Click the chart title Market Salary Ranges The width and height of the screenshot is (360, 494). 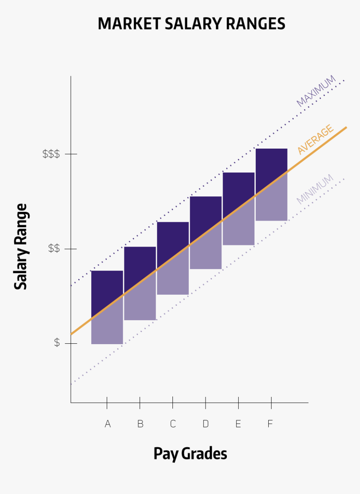(x=191, y=23)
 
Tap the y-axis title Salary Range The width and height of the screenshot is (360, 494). (x=21, y=247)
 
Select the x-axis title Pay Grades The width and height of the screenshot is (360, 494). (x=190, y=454)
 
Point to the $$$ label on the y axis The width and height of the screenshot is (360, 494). (x=51, y=154)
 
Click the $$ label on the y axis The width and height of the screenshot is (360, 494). (x=54, y=249)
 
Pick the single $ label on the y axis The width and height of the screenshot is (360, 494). (x=57, y=343)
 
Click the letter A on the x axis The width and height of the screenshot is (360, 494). (x=108, y=424)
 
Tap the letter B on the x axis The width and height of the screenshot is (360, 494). (x=140, y=424)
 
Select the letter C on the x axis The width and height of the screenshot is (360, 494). (x=173, y=424)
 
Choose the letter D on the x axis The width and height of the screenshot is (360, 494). (x=206, y=424)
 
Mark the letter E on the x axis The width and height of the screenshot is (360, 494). (x=238, y=424)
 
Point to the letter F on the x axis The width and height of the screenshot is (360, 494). (x=270, y=424)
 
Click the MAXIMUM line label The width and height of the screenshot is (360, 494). (x=316, y=91)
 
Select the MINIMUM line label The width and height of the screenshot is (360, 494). (x=315, y=189)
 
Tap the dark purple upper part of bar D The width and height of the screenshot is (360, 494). (x=206, y=214)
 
